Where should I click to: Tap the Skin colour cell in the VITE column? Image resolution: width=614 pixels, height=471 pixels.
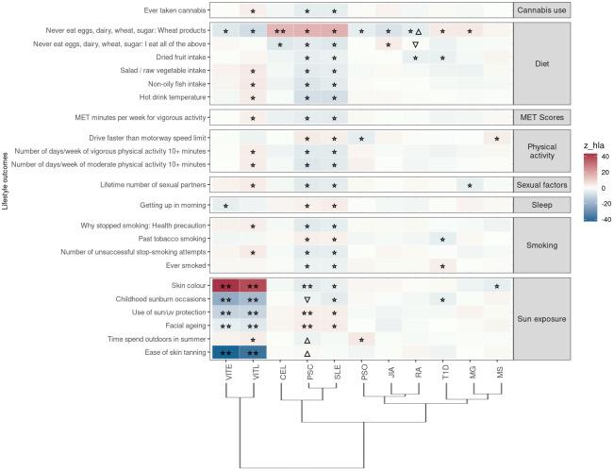point(225,285)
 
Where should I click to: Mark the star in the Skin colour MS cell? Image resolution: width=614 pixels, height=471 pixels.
point(497,285)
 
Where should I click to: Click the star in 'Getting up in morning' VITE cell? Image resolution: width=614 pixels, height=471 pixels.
point(225,205)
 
